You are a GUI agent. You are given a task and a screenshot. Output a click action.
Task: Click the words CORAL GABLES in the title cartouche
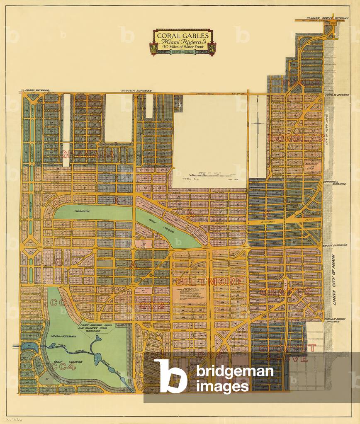point(182,35)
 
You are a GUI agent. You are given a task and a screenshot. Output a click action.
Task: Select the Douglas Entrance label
point(337,94)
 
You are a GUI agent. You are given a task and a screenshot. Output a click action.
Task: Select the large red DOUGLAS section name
point(296,138)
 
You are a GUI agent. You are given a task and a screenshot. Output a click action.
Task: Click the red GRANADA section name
point(87,155)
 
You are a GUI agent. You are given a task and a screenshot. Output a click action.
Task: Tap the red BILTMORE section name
point(209,281)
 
